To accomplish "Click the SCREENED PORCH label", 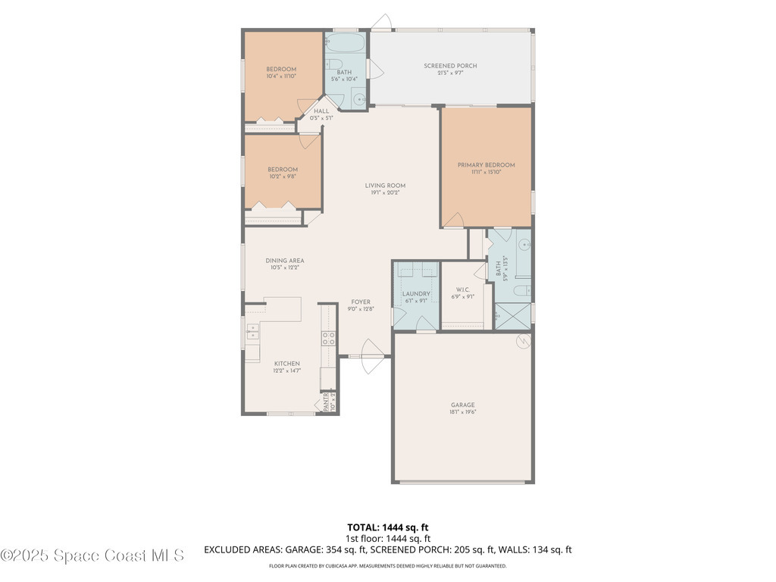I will (x=450, y=66).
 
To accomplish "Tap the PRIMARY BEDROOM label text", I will (x=486, y=165).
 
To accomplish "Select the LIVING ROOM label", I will (x=385, y=185).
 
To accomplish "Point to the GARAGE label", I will (x=462, y=405).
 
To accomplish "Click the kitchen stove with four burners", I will (x=329, y=339).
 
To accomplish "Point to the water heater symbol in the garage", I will (x=522, y=343).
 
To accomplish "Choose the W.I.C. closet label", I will (x=464, y=289).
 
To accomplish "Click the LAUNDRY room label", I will (x=416, y=293).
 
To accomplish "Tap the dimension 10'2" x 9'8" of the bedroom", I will (x=282, y=177).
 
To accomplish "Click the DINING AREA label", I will (x=285, y=261).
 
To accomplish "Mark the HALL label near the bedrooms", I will (x=321, y=111).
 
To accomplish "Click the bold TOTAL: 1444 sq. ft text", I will (x=387, y=527).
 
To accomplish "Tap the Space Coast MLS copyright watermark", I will (x=92, y=555).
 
